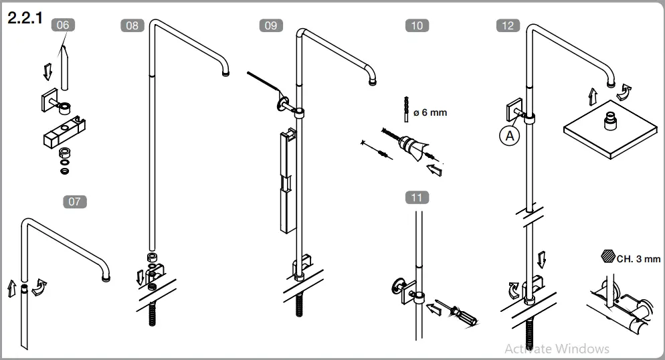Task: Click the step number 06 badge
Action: coord(64,25)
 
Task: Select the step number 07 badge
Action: coord(75,201)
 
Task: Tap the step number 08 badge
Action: coord(132,25)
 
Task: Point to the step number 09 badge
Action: coord(271,25)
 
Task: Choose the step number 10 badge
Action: coord(417,25)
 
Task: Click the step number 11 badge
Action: coord(417,197)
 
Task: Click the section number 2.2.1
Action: coord(25,18)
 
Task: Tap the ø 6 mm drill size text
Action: coord(430,112)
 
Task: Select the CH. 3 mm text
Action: coord(638,258)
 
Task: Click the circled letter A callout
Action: coord(510,136)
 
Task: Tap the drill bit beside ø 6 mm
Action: coord(405,109)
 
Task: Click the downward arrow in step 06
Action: coord(47,71)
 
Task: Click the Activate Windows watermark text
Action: coord(557,349)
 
